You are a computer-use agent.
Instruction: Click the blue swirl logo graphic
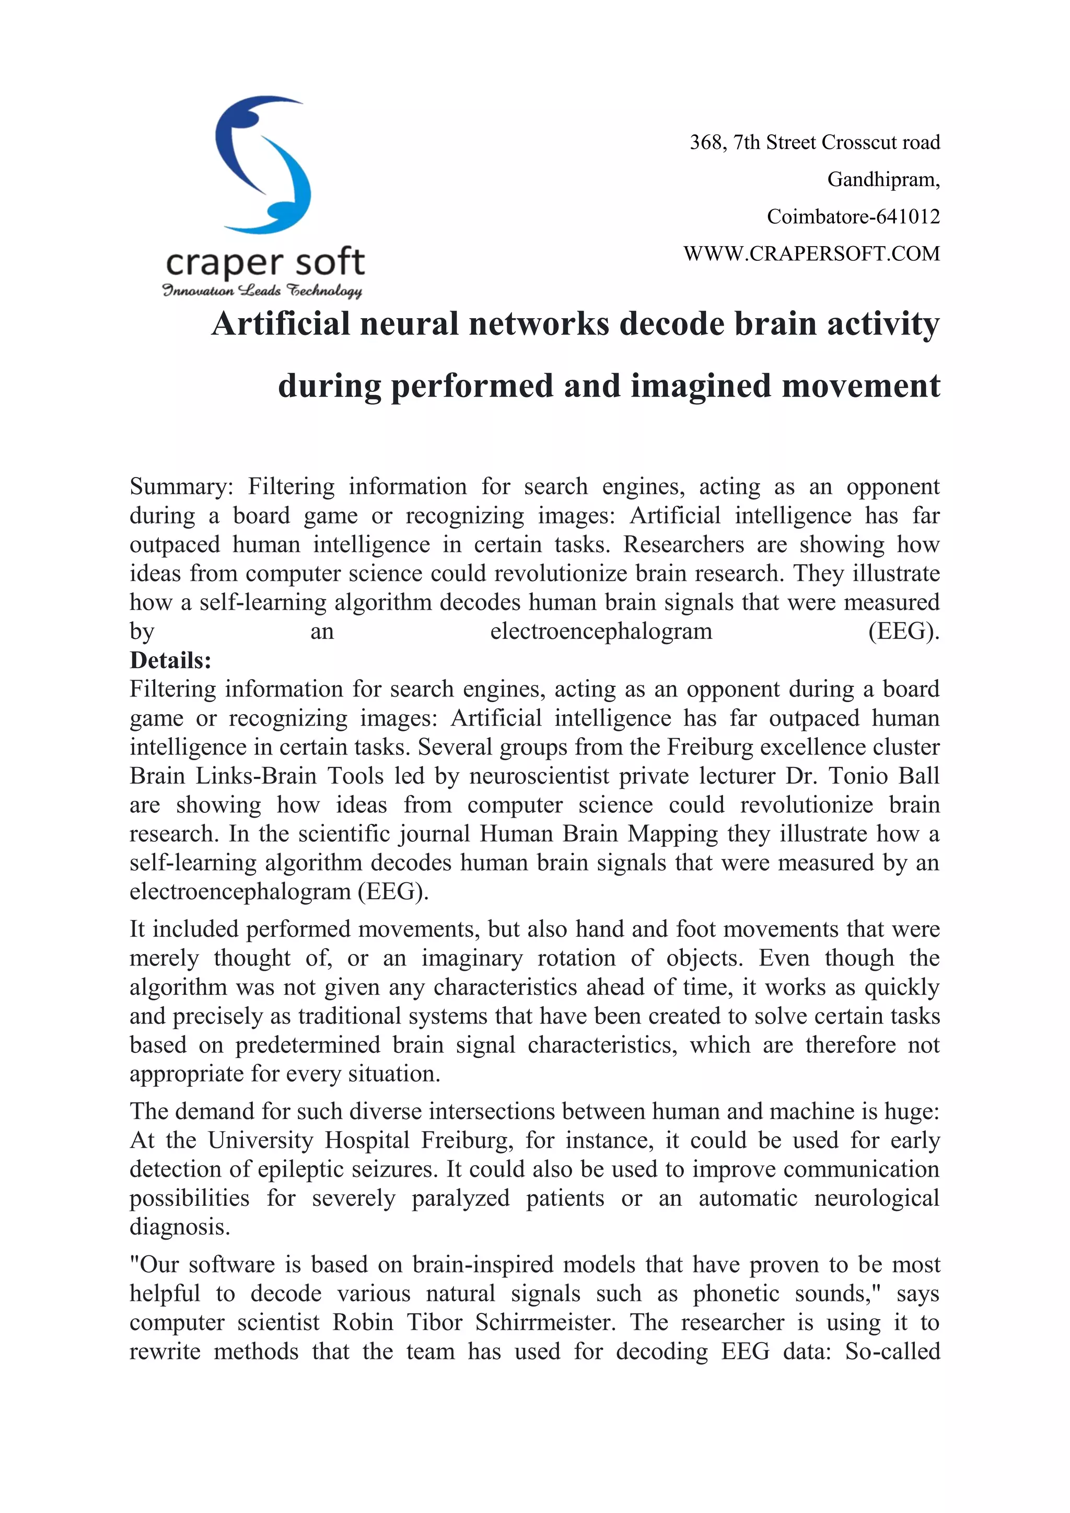(x=263, y=165)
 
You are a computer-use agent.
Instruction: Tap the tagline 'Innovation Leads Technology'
(x=262, y=290)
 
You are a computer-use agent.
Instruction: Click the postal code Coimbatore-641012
(x=853, y=217)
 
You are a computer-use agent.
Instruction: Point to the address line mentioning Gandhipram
(x=883, y=179)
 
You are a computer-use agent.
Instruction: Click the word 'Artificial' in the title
(x=280, y=324)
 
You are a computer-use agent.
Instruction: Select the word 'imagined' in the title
(x=701, y=386)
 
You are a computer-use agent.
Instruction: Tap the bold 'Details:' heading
(x=171, y=660)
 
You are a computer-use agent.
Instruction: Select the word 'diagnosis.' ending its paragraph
(x=180, y=1227)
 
